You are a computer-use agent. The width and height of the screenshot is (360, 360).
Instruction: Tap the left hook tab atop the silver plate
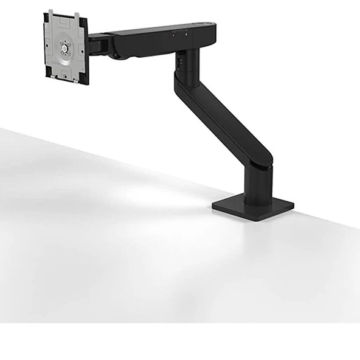coord(51,12)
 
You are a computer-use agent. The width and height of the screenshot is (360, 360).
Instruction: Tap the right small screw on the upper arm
coord(186,35)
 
